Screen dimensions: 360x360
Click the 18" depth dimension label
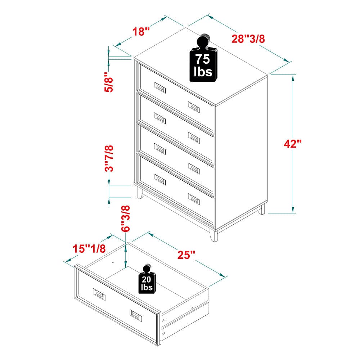tap(141, 31)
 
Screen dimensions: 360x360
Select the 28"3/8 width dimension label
tap(248, 39)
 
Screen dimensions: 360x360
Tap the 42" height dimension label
tap(292, 144)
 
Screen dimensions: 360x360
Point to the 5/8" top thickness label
tap(109, 82)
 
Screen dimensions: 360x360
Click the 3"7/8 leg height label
tap(109, 158)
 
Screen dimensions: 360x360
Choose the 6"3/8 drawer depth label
tap(125, 219)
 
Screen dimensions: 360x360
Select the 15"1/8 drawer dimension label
tap(89, 248)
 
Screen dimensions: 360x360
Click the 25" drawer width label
tap(186, 255)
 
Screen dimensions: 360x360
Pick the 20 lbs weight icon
tap(147, 279)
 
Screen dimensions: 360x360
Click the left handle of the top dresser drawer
tap(160, 87)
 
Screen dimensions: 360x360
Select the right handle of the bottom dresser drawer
tap(194, 199)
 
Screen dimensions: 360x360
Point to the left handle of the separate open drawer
tap(99, 294)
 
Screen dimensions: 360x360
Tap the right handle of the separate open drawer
tap(136, 316)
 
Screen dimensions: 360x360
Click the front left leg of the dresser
tap(139, 193)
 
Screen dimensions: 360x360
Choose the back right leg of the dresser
tap(261, 209)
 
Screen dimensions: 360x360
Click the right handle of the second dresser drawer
tap(194, 138)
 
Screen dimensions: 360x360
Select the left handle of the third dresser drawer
tap(160, 149)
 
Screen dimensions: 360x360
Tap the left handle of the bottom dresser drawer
tap(160, 180)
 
